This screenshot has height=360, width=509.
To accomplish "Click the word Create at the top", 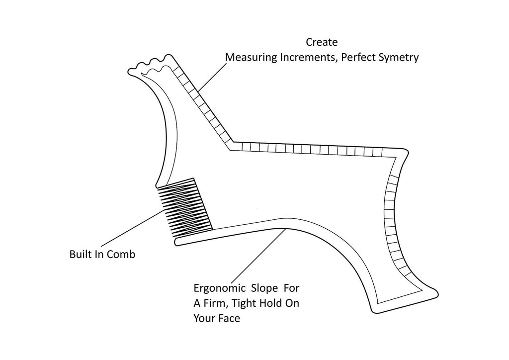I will pyautogui.click(x=322, y=42).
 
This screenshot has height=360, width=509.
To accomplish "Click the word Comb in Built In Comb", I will pyautogui.click(x=123, y=255).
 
